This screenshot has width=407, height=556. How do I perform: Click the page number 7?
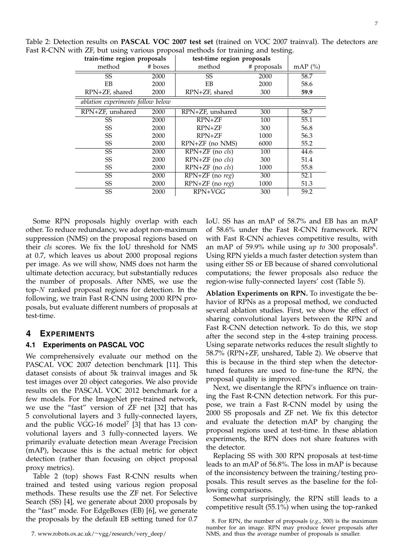376,24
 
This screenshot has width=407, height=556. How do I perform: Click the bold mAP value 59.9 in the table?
307,92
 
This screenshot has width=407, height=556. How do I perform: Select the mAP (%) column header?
307,67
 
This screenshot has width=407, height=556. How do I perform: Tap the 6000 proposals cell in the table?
265,144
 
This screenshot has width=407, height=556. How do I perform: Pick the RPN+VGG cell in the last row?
209,192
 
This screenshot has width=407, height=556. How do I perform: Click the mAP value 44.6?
307,152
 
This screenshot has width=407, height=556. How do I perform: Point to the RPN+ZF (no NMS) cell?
209,144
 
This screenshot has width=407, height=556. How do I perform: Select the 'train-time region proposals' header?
125,59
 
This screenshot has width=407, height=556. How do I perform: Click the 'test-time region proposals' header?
231,59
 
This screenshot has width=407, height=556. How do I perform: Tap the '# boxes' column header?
158,67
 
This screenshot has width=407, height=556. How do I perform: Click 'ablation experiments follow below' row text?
125,102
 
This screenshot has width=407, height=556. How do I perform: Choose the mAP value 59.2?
307,192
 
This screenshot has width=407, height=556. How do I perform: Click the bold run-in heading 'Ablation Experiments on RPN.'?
257,293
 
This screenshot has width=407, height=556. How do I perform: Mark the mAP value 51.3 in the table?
307,184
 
